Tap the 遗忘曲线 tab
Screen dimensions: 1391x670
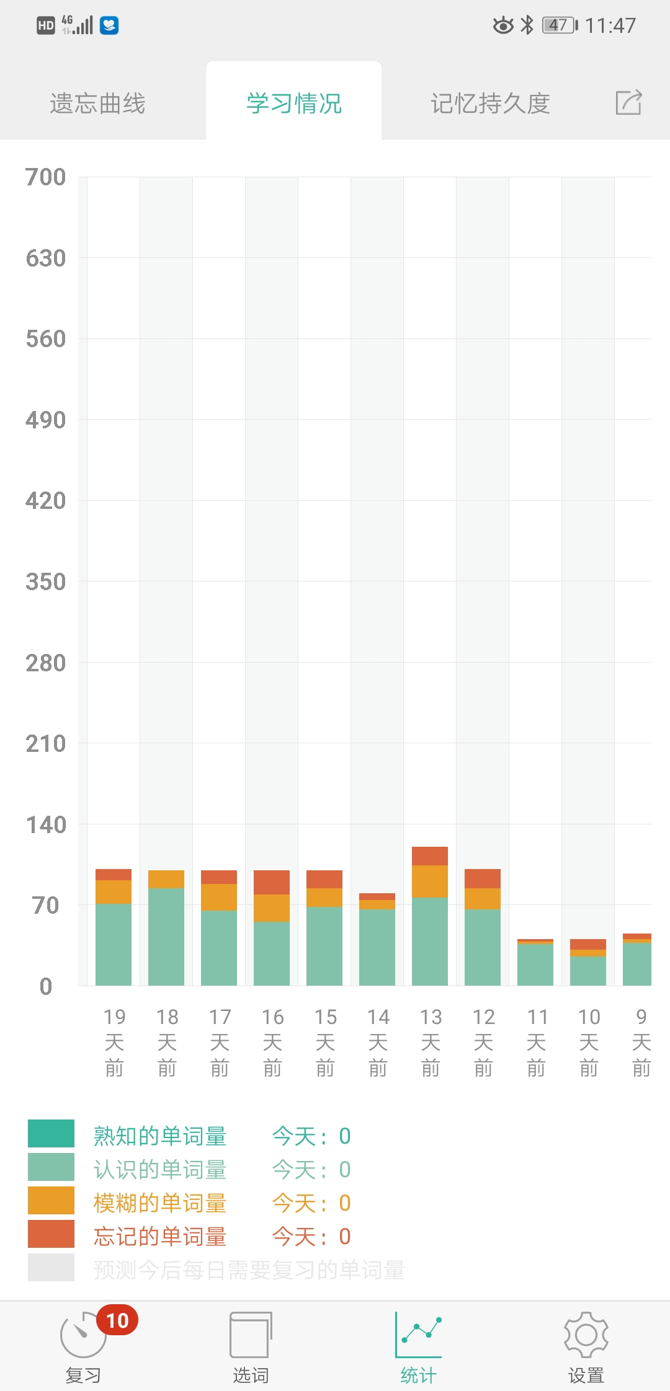point(97,103)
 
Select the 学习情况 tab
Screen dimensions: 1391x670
point(294,103)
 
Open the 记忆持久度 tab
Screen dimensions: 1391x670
point(490,103)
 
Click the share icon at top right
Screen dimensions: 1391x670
point(628,102)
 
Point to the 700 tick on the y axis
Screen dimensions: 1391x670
point(45,177)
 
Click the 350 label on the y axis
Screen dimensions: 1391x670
point(45,582)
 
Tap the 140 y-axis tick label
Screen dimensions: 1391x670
point(45,825)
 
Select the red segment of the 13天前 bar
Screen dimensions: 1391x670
point(430,856)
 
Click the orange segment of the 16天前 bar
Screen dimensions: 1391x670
point(272,908)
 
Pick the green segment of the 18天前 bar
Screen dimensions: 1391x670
point(166,936)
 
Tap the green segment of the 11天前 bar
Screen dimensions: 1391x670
point(535,965)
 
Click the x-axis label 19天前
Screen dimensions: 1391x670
point(114,1042)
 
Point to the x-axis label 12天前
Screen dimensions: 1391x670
point(483,1042)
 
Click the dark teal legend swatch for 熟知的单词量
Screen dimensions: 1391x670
point(51,1134)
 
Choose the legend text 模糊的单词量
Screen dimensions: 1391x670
point(159,1203)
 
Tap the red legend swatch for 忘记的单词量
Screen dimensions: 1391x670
point(51,1234)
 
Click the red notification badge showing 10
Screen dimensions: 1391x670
point(117,1321)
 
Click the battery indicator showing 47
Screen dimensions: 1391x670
point(560,25)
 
